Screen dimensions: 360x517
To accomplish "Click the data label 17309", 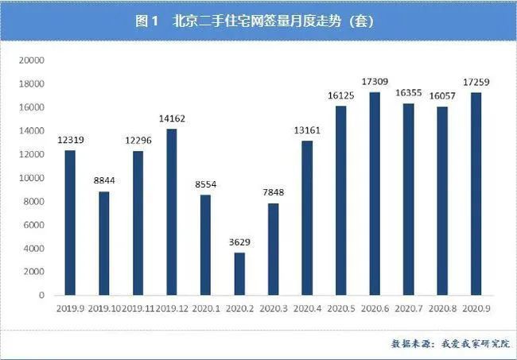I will [x=375, y=82].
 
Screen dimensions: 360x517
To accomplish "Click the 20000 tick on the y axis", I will [x=33, y=60].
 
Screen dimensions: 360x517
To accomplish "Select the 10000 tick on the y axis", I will [x=33, y=178].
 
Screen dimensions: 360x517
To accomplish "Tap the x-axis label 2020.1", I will [x=205, y=307].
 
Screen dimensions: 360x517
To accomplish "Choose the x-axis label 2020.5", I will [x=340, y=307].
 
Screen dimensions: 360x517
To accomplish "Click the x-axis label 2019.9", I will [x=70, y=307].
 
